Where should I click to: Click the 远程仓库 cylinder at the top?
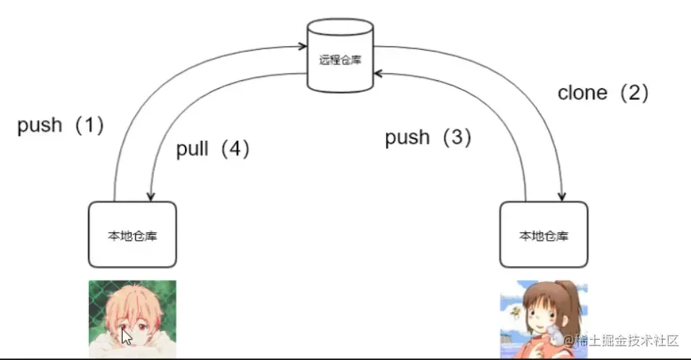(340, 56)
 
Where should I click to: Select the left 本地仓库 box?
(132, 235)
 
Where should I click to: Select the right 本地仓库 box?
(544, 235)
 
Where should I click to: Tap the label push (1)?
(61, 126)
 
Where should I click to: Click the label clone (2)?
(603, 93)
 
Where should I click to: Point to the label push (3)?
(428, 137)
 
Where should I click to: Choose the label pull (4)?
(213, 149)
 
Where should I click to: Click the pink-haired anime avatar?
(132, 319)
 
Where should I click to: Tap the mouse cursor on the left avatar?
(126, 336)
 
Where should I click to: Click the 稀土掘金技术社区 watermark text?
(627, 340)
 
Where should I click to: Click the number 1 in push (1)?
(90, 126)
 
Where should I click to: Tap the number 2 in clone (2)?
(633, 93)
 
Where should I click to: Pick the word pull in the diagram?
(192, 149)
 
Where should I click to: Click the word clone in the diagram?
(582, 93)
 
